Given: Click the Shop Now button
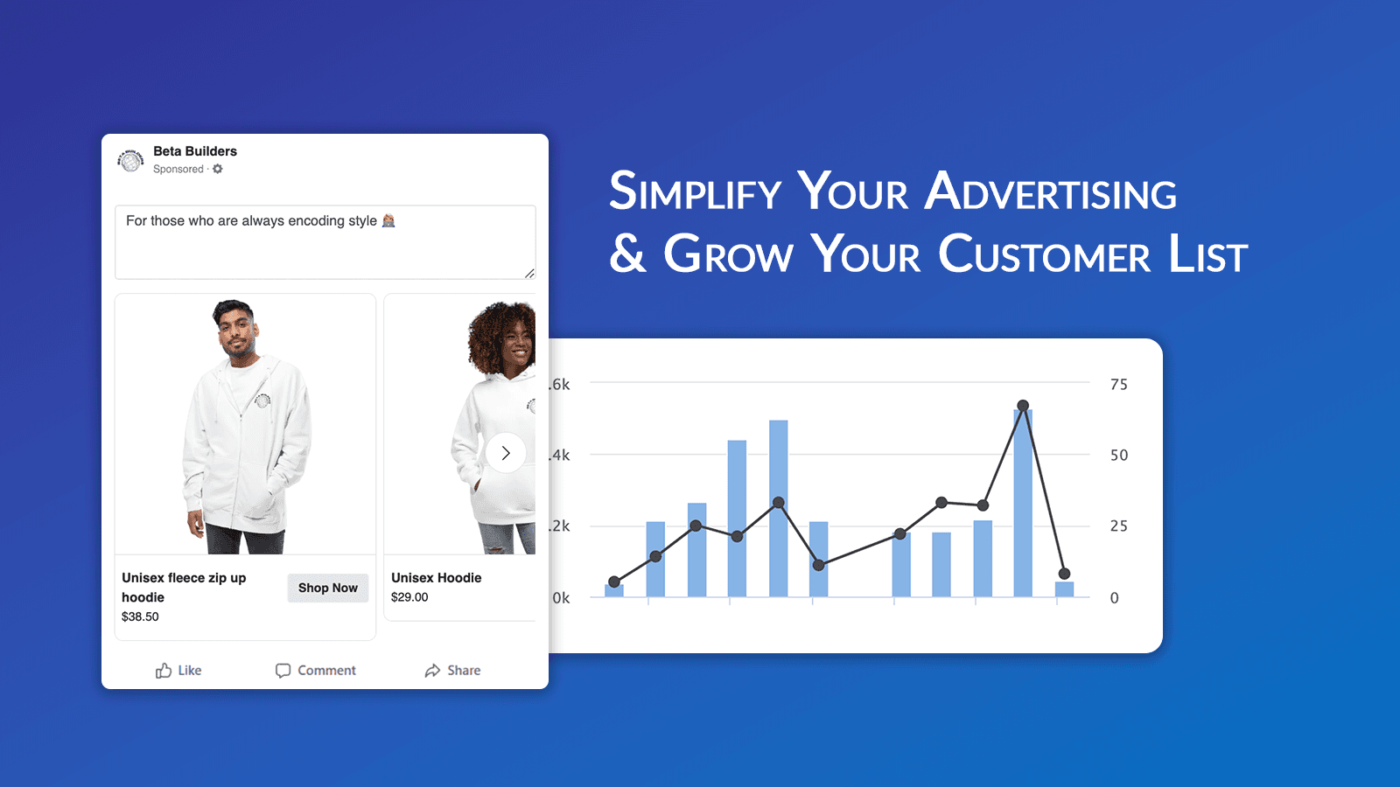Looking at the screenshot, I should coord(327,588).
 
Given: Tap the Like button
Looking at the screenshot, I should coord(178,671).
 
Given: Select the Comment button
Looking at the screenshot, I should coord(316,671).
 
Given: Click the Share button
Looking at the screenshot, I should coord(452,671).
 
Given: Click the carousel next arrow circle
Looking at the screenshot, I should coord(506,453).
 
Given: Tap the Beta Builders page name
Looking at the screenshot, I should coord(195,151).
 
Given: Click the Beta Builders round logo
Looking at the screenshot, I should coord(131,161).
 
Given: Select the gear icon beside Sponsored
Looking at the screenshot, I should coord(218,169).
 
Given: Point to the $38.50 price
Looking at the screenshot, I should coord(140,616).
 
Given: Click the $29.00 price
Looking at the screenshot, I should coord(409,597).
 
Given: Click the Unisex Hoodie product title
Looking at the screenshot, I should coord(436,578).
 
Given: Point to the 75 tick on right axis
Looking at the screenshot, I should coord(1118,385).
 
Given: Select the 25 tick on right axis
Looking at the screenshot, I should coord(1118,526).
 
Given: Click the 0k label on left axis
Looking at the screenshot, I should coord(561,598).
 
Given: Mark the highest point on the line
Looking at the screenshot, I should coord(1023,406).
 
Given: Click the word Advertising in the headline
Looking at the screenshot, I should coord(1050,192).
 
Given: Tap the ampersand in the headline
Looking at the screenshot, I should coord(627,254).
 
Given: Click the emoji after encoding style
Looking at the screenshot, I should coord(388,221).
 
